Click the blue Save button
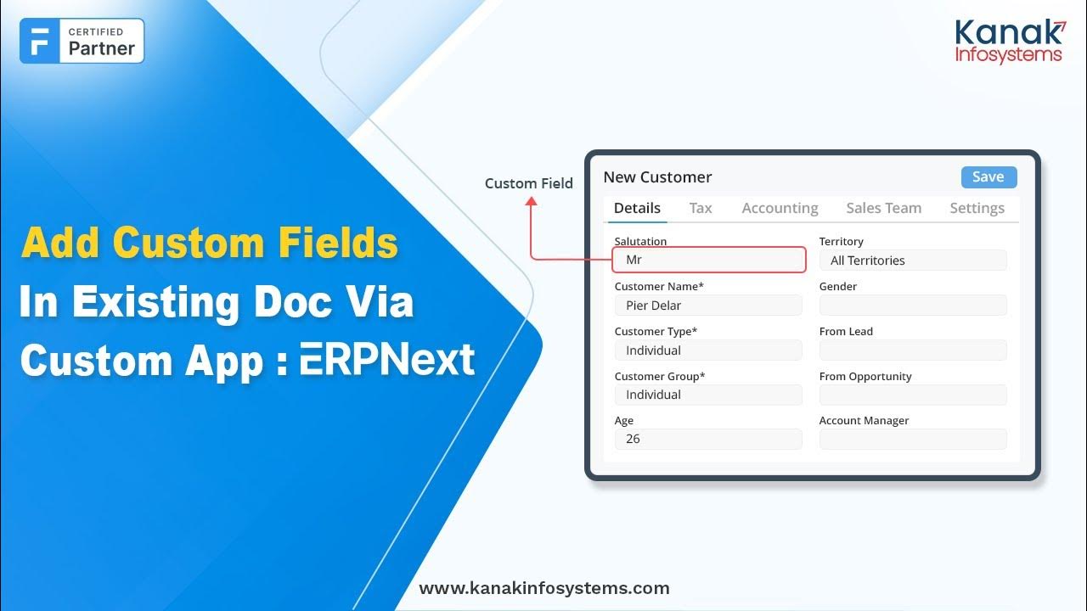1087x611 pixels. point(988,177)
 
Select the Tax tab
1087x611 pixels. point(701,208)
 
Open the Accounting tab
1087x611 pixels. point(780,208)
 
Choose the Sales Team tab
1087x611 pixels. point(883,208)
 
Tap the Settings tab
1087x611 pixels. point(977,208)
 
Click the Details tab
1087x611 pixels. point(637,208)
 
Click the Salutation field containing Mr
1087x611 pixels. point(708,260)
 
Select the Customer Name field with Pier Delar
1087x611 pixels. point(708,305)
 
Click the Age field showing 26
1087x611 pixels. point(708,439)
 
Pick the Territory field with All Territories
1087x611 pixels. point(913,261)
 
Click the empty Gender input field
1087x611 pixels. point(913,305)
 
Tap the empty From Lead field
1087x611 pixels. point(913,350)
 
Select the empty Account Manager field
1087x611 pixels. point(913,439)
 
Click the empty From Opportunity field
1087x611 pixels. point(913,395)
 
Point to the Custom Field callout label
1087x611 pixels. point(528,183)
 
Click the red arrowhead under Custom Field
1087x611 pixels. point(532,202)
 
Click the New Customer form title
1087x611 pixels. point(657,177)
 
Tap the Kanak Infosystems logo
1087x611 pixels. point(1009,42)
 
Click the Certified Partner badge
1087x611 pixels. point(82,41)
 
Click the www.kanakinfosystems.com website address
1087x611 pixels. point(544,588)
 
